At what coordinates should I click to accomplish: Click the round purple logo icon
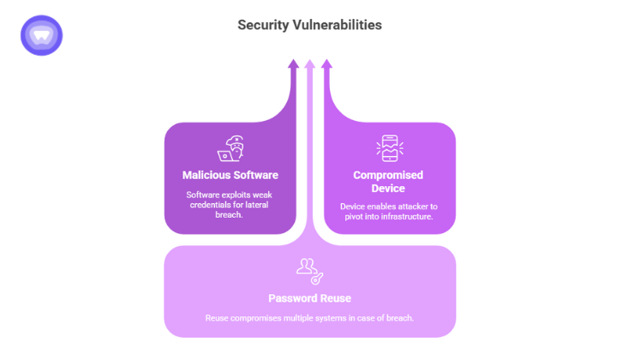41,35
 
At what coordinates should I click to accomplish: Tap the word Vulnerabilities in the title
338,25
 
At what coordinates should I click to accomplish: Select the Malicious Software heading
230,175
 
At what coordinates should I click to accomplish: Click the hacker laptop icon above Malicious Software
230,148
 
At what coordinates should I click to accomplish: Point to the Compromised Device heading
388,182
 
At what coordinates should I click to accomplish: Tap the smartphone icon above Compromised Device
389,148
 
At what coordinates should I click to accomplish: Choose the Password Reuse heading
309,298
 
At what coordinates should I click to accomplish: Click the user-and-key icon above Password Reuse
309,271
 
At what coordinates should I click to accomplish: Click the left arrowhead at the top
294,64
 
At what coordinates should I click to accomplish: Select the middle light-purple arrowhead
310,64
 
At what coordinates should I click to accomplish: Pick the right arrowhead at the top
326,64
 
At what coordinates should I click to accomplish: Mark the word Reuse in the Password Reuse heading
334,298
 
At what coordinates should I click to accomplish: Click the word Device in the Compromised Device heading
388,188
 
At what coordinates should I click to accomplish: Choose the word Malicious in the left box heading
206,175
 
